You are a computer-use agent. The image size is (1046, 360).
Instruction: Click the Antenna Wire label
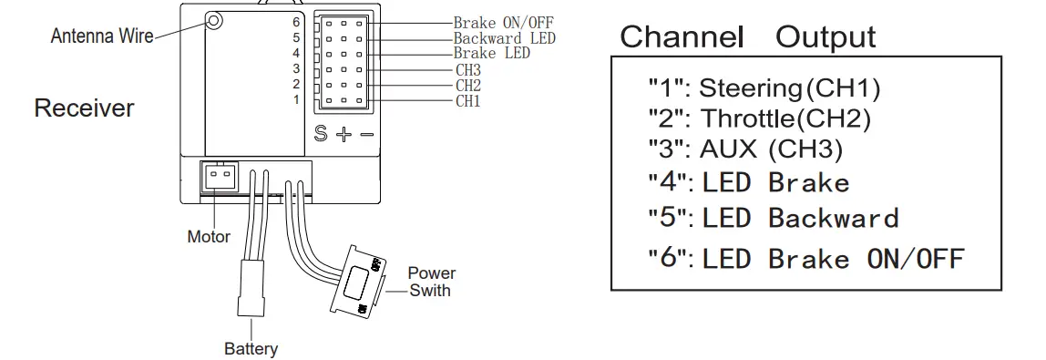pyautogui.click(x=101, y=37)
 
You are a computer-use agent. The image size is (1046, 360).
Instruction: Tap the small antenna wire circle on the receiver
pyautogui.click(x=214, y=20)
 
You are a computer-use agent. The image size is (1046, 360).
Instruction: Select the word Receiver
pyautogui.click(x=84, y=108)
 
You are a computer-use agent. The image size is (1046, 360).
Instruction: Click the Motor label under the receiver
pyautogui.click(x=209, y=237)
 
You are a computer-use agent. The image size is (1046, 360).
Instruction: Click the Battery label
pyautogui.click(x=251, y=348)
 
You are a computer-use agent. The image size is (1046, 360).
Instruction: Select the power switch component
pyautogui.click(x=362, y=278)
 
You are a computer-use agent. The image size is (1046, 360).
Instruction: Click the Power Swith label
pyautogui.click(x=431, y=282)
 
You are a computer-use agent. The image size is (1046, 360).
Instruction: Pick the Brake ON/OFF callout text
pyautogui.click(x=503, y=22)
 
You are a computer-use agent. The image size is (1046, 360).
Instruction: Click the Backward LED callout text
pyautogui.click(x=504, y=38)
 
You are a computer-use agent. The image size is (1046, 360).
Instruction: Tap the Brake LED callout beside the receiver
pyautogui.click(x=492, y=53)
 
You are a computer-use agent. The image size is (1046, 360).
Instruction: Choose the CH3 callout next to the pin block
pyautogui.click(x=468, y=69)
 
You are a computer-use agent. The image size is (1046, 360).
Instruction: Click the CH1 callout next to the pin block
pyautogui.click(x=468, y=100)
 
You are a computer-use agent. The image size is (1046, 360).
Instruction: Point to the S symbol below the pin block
pyautogui.click(x=321, y=133)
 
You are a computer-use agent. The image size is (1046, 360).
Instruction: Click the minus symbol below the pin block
pyautogui.click(x=366, y=134)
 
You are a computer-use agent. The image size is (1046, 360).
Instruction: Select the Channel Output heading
pyautogui.click(x=747, y=37)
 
